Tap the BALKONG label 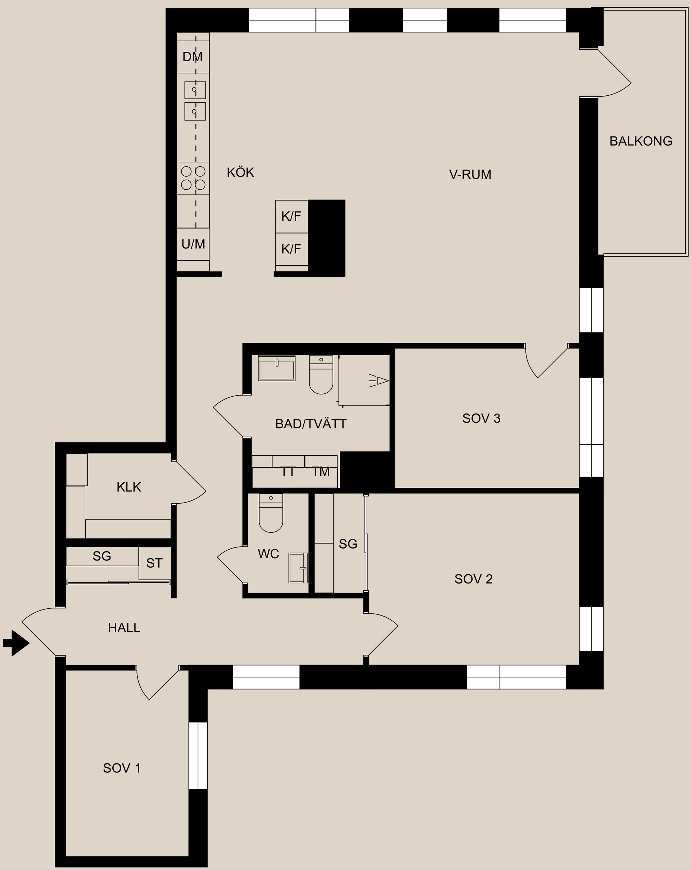tap(641, 141)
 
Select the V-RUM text tap(470, 174)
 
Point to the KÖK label tap(240, 172)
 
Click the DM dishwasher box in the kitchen tap(193, 57)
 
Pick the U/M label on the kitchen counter tap(193, 244)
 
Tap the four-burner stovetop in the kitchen tap(193, 178)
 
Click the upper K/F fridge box tap(292, 216)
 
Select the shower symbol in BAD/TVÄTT tap(378, 380)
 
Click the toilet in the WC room tap(271, 513)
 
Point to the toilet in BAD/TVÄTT tap(321, 374)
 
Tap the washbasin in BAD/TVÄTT tap(277, 368)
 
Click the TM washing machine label tap(321, 471)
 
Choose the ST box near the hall tap(154, 563)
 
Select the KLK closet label tap(129, 487)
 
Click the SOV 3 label tap(481, 419)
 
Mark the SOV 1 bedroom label tap(122, 768)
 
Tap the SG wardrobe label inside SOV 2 tap(348, 544)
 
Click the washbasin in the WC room tap(298, 568)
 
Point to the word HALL tap(124, 627)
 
